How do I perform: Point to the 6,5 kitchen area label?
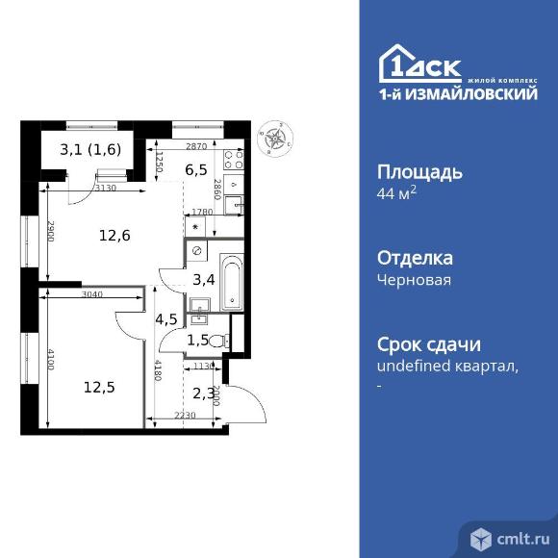[197, 169]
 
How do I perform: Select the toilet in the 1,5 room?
[217, 340]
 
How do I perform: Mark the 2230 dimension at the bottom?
[186, 416]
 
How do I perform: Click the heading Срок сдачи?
[429, 344]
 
